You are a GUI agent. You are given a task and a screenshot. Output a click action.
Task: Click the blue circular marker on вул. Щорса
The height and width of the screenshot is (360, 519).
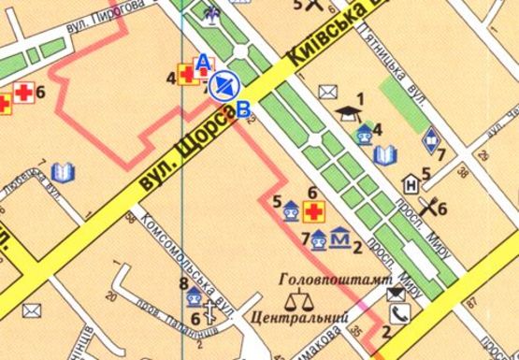click(223, 86)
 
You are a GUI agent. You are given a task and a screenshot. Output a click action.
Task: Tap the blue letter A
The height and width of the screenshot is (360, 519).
click(201, 61)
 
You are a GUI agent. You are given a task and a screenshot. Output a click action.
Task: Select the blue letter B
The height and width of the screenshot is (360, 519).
click(245, 109)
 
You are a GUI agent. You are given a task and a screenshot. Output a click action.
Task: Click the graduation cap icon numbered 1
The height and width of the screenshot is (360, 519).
click(350, 111)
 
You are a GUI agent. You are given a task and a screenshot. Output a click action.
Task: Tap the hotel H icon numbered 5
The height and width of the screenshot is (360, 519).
click(410, 183)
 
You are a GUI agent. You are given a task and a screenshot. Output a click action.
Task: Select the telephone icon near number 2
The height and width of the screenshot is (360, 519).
click(402, 313)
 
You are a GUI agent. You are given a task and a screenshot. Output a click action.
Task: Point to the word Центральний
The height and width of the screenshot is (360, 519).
click(295, 319)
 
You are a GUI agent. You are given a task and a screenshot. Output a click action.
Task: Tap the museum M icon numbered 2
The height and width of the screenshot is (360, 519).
click(341, 241)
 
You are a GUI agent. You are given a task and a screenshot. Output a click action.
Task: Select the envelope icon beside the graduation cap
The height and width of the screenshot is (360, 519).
click(327, 92)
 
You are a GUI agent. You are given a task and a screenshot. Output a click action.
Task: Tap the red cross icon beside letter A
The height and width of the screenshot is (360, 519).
click(191, 77)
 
